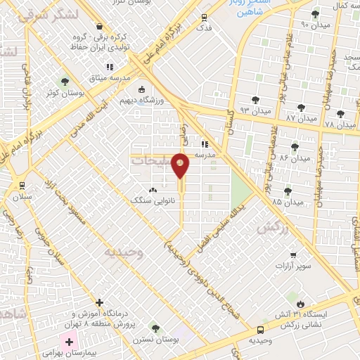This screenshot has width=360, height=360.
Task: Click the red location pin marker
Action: click(181, 165)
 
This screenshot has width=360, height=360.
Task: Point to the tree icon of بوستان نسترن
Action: click(155, 328)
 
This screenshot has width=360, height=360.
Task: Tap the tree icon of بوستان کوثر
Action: click(65, 81)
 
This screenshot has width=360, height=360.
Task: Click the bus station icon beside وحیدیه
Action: click(261, 329)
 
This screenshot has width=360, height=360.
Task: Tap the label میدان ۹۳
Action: click(255, 111)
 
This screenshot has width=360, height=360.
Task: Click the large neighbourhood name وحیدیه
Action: click(123, 252)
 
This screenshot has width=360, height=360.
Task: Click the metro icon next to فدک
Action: click(204, 18)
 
